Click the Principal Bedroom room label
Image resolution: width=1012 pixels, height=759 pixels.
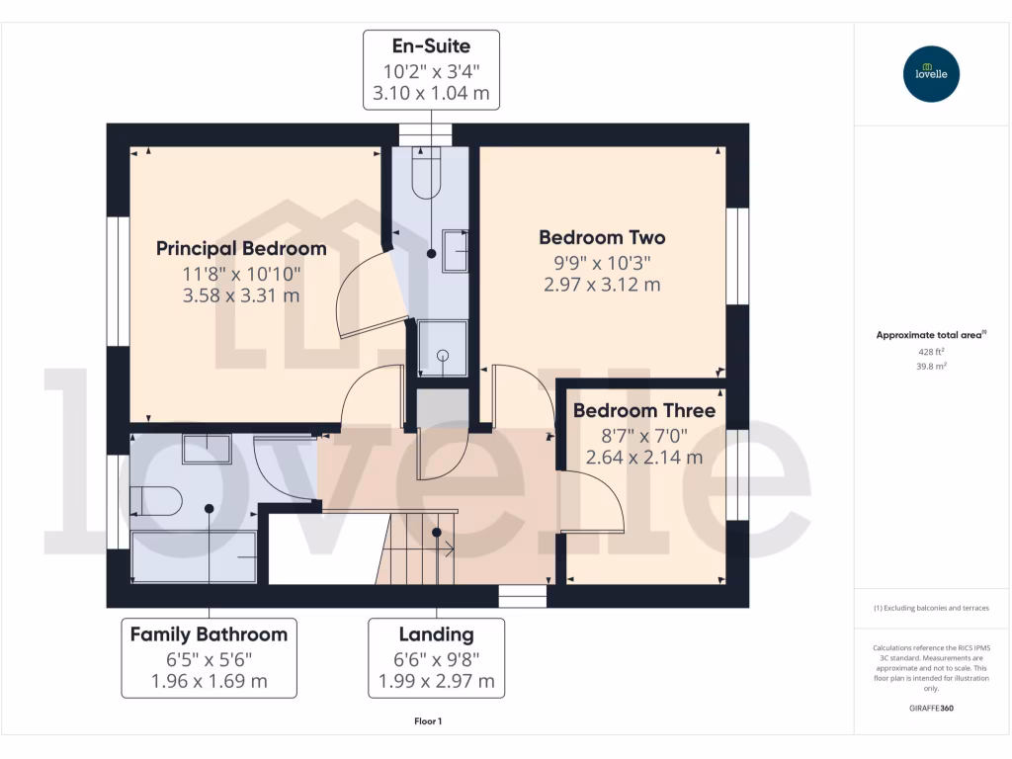[241, 248]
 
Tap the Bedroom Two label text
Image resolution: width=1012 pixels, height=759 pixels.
[602, 237]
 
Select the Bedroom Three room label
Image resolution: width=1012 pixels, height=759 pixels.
[644, 410]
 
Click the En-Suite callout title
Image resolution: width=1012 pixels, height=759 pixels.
[431, 45]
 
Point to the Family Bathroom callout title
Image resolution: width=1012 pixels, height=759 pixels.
[209, 634]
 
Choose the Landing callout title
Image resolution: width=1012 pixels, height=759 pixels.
[436, 634]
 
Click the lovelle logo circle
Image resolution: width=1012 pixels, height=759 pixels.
[931, 74]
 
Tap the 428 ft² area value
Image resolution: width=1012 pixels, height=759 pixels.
[931, 351]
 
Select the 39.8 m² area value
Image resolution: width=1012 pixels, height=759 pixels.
[931, 365]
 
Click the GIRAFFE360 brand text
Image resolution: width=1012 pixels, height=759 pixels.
[931, 709]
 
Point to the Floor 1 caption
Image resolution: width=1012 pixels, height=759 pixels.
[428, 721]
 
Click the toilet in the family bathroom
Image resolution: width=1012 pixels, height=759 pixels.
[158, 501]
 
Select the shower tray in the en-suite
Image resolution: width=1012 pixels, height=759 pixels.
[442, 348]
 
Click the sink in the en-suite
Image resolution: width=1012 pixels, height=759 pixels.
[456, 250]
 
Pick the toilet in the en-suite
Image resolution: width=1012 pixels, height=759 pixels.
[430, 175]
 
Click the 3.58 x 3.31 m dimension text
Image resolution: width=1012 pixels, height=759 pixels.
[241, 295]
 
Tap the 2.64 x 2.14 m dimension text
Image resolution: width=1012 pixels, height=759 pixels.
[644, 458]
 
